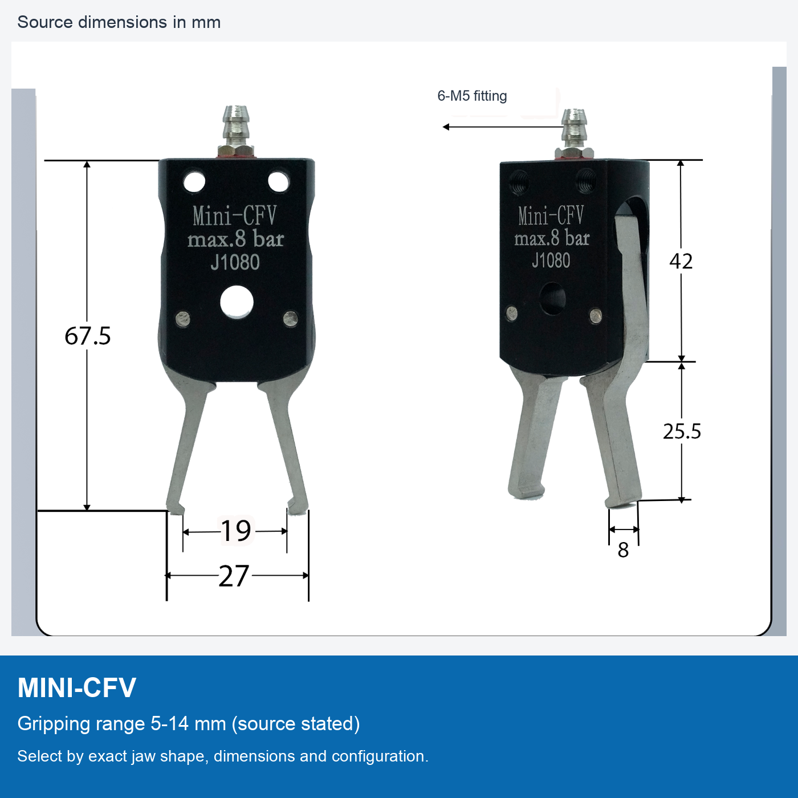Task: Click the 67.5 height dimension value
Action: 87,335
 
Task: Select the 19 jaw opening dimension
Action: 235,530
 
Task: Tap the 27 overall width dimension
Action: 234,576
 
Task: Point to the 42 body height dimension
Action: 681,261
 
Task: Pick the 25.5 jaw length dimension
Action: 682,431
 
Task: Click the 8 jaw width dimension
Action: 623,551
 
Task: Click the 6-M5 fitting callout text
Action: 472,96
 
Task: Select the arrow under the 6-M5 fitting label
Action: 503,127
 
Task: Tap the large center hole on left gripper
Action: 237,302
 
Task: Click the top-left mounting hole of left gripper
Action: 194,182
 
